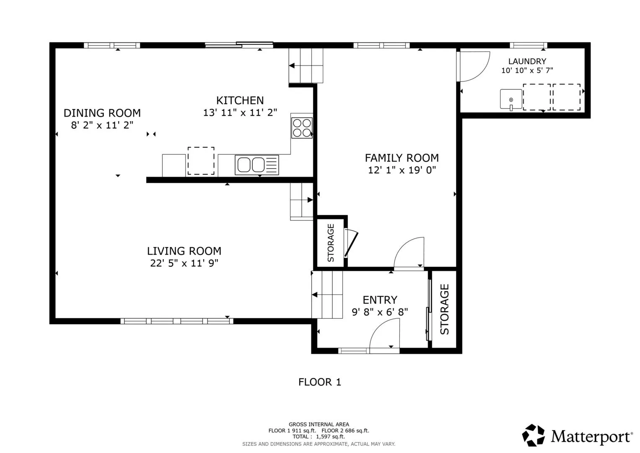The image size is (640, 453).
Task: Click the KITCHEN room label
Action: [x=240, y=100]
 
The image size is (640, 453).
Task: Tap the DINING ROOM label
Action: [x=102, y=113]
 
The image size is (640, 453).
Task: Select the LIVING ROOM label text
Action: [x=184, y=251]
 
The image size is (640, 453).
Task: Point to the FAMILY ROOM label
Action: [x=402, y=158]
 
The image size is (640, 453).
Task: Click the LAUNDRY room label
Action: [x=527, y=61]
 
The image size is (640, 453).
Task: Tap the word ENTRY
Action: [x=380, y=300]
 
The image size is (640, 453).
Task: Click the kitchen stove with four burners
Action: [x=302, y=128]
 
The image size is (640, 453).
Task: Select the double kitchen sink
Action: [x=257, y=165]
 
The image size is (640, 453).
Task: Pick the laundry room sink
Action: [x=511, y=99]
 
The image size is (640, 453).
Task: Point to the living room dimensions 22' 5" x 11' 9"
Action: [x=184, y=263]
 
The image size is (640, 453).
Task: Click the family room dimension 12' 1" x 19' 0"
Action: [x=402, y=170]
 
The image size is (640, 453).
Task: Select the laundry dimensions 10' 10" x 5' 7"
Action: [x=527, y=70]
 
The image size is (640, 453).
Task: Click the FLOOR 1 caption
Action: [x=320, y=382]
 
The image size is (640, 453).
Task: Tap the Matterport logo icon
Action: [x=533, y=435]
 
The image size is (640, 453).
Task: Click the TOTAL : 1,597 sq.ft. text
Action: [x=319, y=437]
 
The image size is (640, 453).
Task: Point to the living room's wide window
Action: [x=177, y=321]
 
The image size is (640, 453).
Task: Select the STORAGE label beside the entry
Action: [x=444, y=309]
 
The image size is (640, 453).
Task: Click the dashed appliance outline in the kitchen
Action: [x=201, y=161]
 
